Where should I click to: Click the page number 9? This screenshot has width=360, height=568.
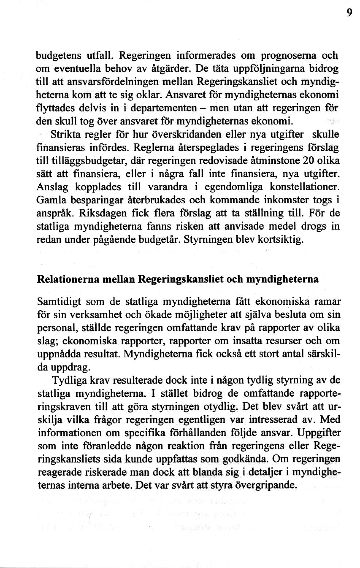tap(349, 13)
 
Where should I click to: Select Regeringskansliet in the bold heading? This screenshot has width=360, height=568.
tap(181, 280)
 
